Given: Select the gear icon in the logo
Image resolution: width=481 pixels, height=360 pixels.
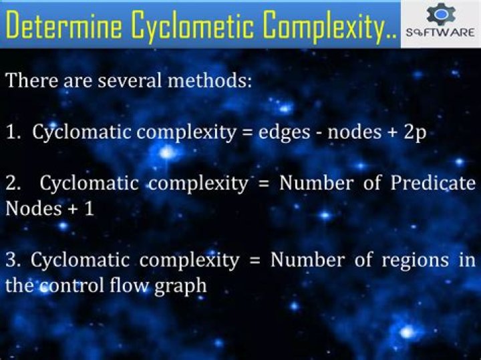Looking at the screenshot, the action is pyautogui.click(x=441, y=14).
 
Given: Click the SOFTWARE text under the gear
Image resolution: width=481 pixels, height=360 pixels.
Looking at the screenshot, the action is pyautogui.click(x=440, y=32).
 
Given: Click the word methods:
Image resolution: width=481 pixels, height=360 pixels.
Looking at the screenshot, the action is pyautogui.click(x=210, y=80).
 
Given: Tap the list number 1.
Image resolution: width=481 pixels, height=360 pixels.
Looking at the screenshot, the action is pyautogui.click(x=12, y=132).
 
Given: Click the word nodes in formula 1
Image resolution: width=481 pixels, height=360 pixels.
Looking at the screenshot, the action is pyautogui.click(x=355, y=132).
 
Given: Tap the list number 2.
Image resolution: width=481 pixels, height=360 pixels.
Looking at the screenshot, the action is pyautogui.click(x=13, y=184).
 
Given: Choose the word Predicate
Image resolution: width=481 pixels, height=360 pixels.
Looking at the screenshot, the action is pyautogui.click(x=433, y=183).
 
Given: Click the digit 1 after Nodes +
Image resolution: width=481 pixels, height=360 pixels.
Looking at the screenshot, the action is pyautogui.click(x=89, y=209).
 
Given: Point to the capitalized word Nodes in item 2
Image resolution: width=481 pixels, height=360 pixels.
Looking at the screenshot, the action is pyautogui.click(x=34, y=209).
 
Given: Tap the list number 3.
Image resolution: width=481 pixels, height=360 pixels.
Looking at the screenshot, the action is pyautogui.click(x=12, y=260).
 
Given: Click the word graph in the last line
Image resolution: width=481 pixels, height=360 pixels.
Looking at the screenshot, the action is pyautogui.click(x=180, y=287).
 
